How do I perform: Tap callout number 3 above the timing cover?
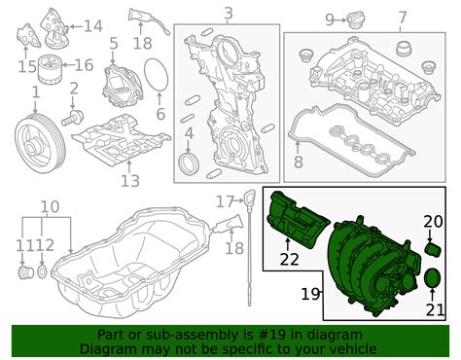click(228, 14)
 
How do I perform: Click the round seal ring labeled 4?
click(191, 162)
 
